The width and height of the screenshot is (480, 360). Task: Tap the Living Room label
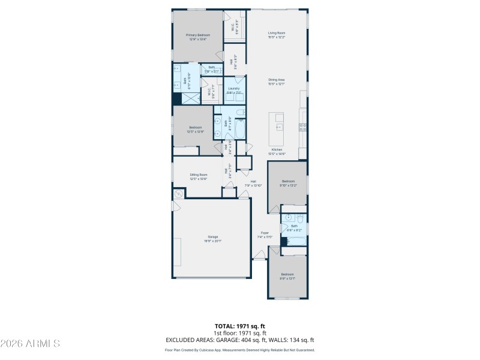[x=277, y=35]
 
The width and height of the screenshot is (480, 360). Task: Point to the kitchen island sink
[x=278, y=127]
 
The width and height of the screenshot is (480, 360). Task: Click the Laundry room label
[x=234, y=91]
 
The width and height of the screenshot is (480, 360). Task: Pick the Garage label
[x=213, y=239]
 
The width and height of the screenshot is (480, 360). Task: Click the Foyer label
[x=265, y=235]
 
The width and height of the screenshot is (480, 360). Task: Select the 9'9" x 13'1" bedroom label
[x=287, y=276]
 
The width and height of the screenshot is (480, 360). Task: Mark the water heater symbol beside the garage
[x=179, y=194]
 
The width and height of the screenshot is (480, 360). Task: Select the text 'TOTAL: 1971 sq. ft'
[x=240, y=326]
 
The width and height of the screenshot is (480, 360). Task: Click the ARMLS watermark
[x=30, y=344]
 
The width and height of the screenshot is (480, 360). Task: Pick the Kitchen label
[x=277, y=150]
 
